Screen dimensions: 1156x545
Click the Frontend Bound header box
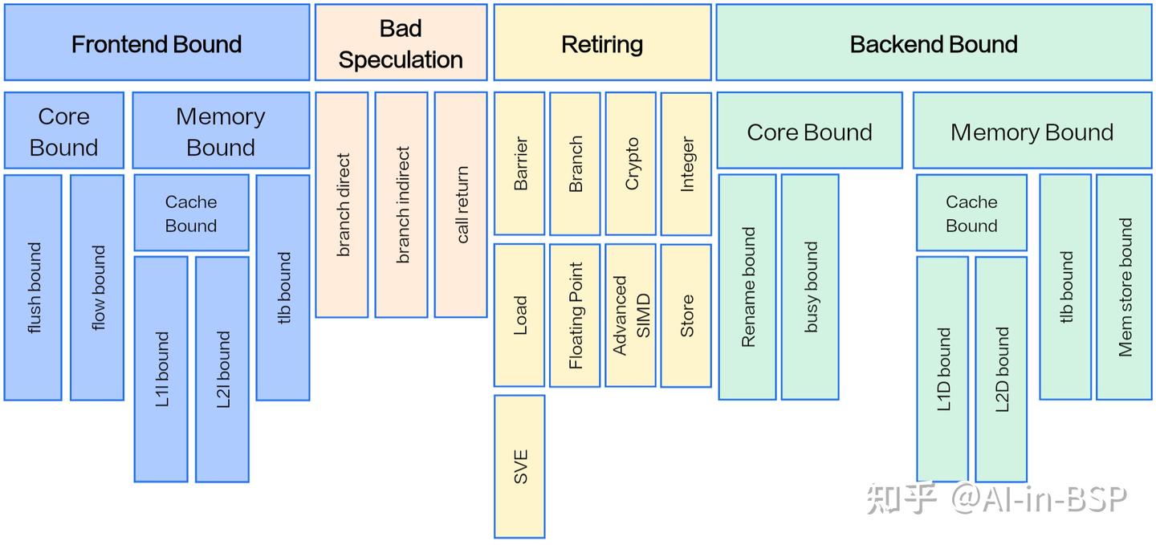(157, 43)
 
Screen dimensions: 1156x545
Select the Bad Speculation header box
(401, 43)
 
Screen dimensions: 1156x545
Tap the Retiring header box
(602, 43)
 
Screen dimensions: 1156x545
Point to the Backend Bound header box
(934, 43)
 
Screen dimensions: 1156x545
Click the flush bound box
(33, 287)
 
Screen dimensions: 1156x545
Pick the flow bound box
(97, 287)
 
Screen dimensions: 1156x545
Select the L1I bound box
(161, 369)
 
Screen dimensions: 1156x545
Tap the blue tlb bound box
(283, 287)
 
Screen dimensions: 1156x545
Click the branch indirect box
(401, 205)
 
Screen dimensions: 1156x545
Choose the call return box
(461, 205)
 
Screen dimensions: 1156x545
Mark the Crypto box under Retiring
(631, 164)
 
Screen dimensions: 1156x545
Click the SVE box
(519, 466)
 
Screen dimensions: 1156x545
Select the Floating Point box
(575, 315)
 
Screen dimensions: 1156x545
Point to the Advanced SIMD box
(631, 315)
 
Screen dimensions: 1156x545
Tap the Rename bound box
(747, 287)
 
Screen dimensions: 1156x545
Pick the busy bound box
(810, 287)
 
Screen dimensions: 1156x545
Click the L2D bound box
(1001, 369)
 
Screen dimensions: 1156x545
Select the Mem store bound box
(1125, 287)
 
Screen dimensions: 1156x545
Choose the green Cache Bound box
(971, 214)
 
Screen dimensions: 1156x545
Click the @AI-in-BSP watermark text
(1039, 499)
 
